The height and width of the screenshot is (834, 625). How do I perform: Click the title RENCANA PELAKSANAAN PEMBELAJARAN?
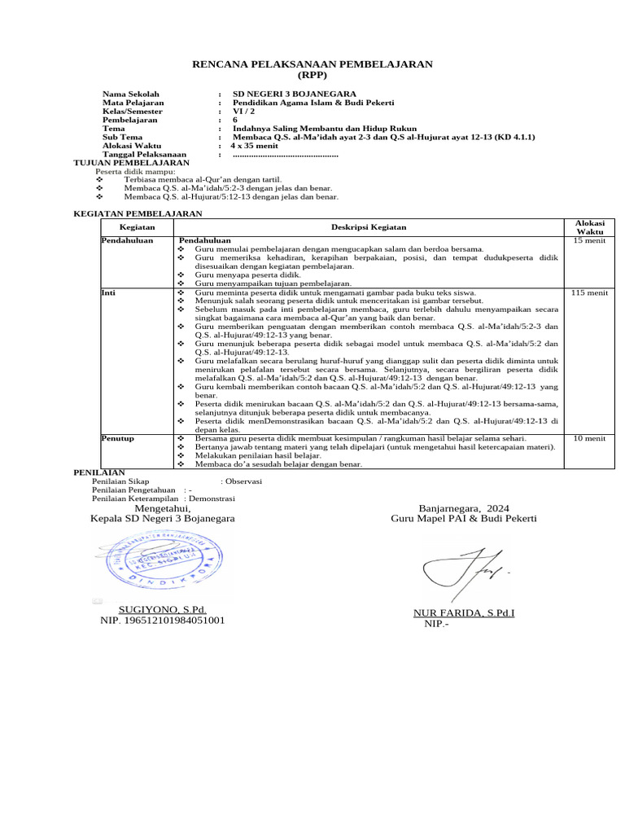click(x=312, y=64)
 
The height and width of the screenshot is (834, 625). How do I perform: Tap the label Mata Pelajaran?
click(x=133, y=103)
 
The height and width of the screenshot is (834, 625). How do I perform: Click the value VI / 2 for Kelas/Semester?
click(x=244, y=113)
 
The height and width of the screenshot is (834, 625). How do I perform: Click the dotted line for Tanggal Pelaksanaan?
click(x=285, y=155)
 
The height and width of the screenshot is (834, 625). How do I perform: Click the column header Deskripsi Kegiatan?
click(x=369, y=227)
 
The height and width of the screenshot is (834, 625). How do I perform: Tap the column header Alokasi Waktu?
click(x=590, y=226)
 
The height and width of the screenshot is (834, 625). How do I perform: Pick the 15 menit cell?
click(x=590, y=242)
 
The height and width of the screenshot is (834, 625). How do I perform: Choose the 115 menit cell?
click(x=590, y=292)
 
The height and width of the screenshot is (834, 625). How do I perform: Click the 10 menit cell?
click(x=590, y=438)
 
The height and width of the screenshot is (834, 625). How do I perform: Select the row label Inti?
click(x=107, y=292)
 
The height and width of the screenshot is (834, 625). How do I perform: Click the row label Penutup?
click(x=117, y=438)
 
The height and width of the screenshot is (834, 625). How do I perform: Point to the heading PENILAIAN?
click(x=98, y=472)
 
